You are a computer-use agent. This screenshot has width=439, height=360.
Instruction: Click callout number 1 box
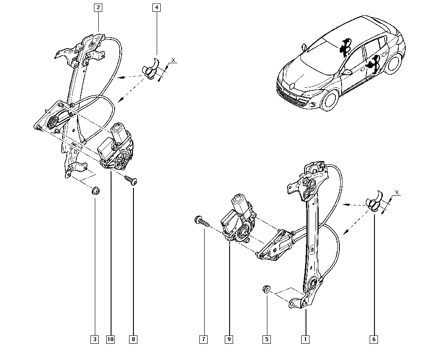[x=305, y=339]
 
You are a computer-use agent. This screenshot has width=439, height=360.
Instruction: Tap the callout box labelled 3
[x=94, y=339]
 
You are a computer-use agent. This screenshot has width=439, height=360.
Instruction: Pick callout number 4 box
[x=157, y=7]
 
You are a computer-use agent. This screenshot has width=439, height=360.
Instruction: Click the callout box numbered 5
[x=267, y=339]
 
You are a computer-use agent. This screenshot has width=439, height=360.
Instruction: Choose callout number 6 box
[x=374, y=339]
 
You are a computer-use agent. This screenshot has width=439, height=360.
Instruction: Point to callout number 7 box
[x=203, y=339]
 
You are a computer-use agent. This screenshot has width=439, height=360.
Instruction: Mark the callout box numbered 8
[x=133, y=339]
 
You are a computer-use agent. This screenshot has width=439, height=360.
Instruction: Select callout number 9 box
[x=229, y=339]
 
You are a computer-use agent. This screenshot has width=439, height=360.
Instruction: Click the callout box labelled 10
[x=110, y=339]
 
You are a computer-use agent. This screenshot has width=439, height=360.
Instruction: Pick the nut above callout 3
[x=94, y=191]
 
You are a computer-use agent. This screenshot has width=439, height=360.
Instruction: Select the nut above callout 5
[x=266, y=289]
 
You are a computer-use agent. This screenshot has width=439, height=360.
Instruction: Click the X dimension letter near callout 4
[x=173, y=60]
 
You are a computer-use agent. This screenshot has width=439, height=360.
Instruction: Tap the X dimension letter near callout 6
[x=396, y=192]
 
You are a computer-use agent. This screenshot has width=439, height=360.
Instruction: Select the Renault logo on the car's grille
[x=291, y=87]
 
